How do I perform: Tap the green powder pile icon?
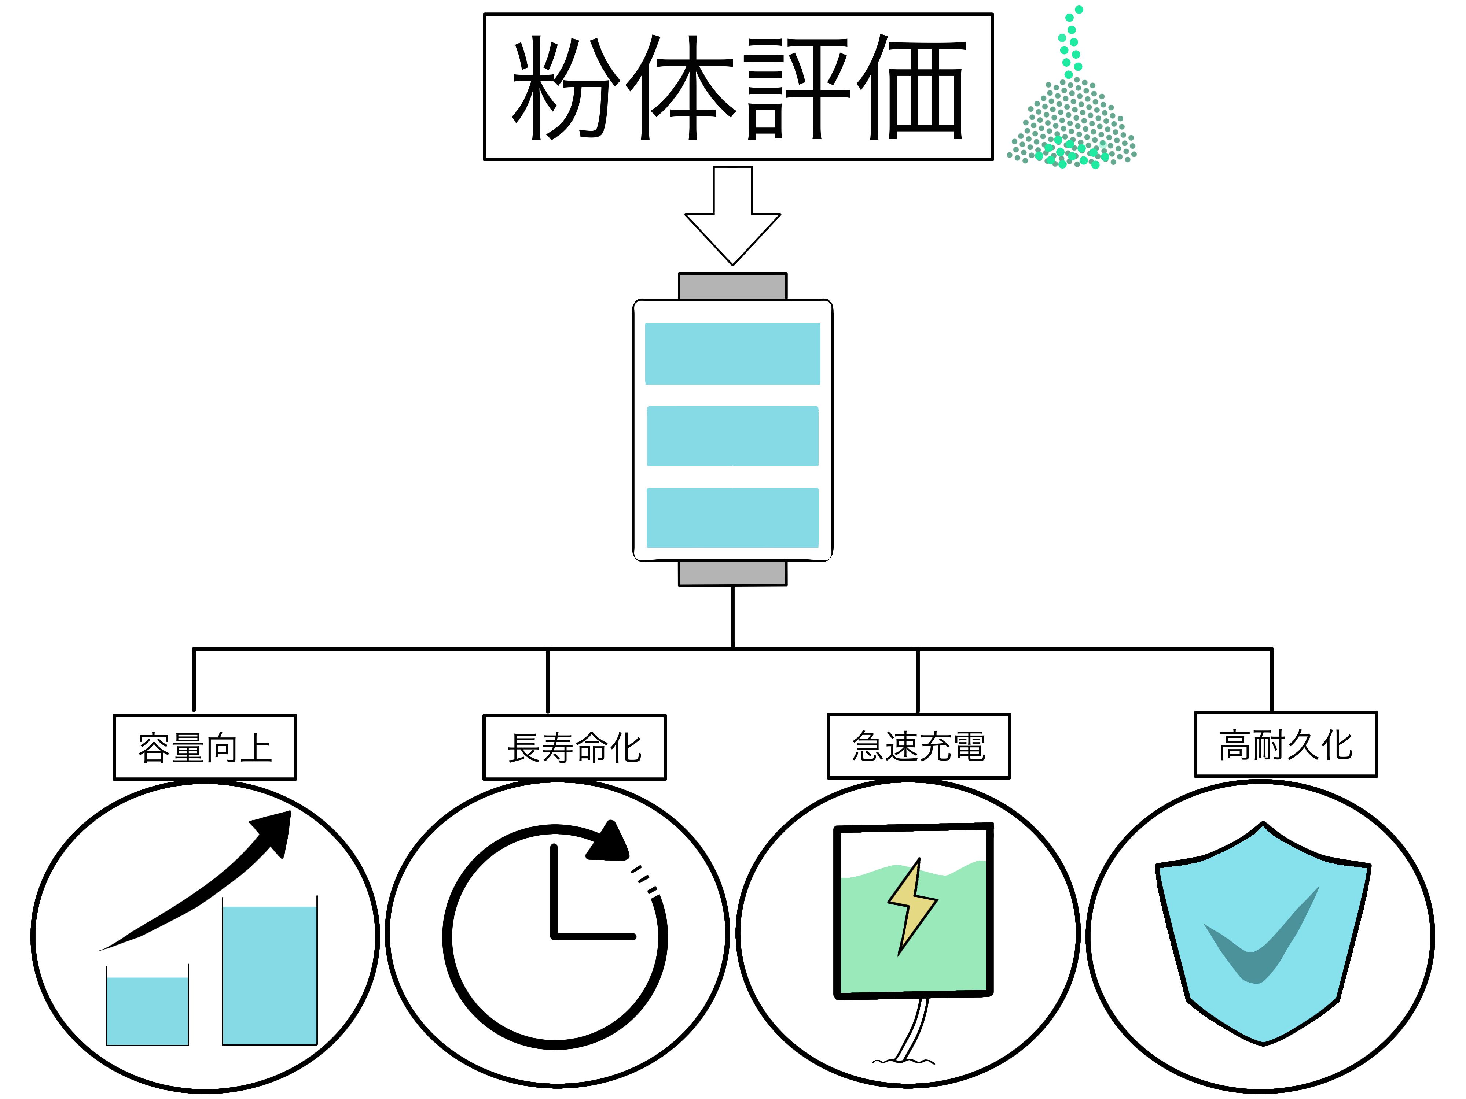pos(1072,99)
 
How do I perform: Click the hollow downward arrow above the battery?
pos(732,215)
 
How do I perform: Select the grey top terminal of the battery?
pos(732,286)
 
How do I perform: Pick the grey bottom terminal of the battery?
pos(732,573)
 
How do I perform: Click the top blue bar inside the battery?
pos(732,354)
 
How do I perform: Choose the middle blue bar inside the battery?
pos(732,436)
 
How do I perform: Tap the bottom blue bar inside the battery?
pos(732,517)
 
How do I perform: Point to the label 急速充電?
pos(919,746)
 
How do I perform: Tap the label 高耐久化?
pos(1286,745)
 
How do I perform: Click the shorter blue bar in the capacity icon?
pos(147,1011)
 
